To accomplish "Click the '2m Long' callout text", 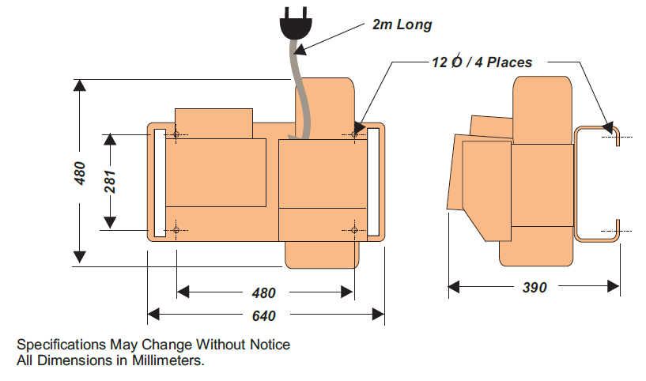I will coord(402,25).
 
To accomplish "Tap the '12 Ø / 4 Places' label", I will coord(482,62).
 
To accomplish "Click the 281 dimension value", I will coord(111,182).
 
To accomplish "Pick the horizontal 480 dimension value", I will coord(263,292).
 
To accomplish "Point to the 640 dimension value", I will coord(263,316).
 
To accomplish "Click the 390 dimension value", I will coord(535,288).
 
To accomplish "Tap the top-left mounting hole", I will coord(176,134).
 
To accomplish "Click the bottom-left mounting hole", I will coord(176,230).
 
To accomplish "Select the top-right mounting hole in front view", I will coord(353,134).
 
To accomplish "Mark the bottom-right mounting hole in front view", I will coord(353,230).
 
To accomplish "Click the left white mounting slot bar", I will coord(159,182).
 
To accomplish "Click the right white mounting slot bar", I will coord(373,182).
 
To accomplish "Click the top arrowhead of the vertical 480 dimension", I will coord(79,86).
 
